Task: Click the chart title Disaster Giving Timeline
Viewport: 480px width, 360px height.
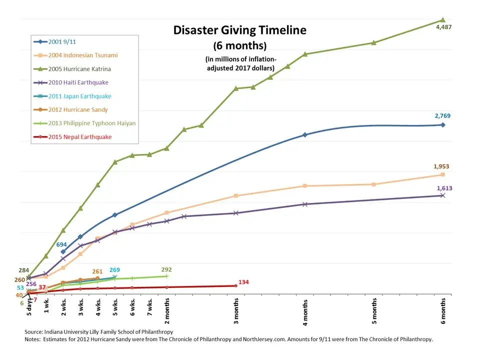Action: (239, 30)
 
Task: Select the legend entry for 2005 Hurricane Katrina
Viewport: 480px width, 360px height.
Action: (80, 69)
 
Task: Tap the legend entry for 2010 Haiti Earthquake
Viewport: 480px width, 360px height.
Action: (78, 82)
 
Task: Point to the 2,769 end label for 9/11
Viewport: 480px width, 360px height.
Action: (443, 116)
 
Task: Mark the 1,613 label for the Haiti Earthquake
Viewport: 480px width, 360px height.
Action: (444, 188)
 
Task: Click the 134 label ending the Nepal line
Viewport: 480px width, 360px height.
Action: (244, 282)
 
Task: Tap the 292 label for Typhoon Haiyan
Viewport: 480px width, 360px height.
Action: (166, 269)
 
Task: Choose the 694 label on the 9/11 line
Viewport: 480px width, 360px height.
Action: (61, 245)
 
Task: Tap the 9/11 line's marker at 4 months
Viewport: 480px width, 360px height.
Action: (305, 135)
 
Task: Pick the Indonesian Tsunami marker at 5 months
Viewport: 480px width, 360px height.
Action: (373, 184)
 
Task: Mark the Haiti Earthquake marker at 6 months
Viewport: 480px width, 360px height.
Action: (442, 195)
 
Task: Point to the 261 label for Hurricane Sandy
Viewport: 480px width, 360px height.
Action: (97, 271)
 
